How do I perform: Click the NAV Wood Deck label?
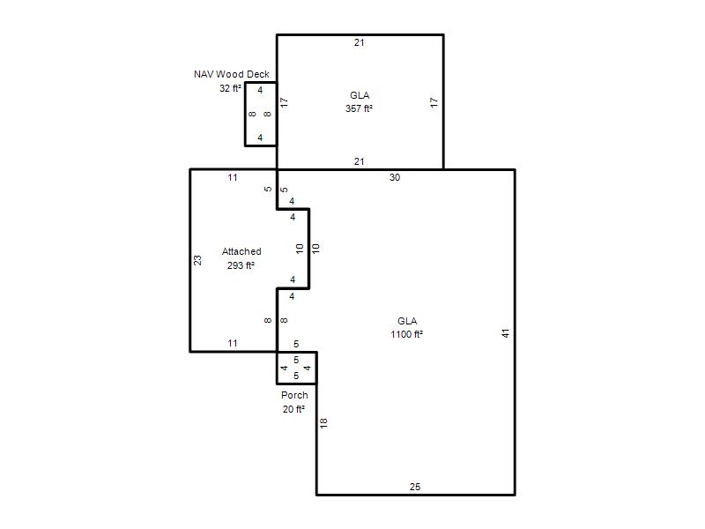[x=232, y=74]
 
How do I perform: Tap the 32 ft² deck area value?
[x=230, y=88]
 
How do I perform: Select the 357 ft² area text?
[x=359, y=108]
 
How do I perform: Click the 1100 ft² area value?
[x=406, y=334]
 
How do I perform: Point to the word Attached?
[x=241, y=251]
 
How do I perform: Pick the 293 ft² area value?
[x=241, y=265]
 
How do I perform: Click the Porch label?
[x=294, y=395]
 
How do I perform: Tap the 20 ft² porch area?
[x=293, y=409]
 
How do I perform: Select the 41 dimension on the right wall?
[x=506, y=333]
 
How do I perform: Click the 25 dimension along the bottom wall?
[x=415, y=487]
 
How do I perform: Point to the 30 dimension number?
[x=395, y=177]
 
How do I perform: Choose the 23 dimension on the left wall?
[x=197, y=260]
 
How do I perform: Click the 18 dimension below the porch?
[x=323, y=423]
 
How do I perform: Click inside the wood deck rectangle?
[x=261, y=115]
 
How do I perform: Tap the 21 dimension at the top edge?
[x=359, y=42]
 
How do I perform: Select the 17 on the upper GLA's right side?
[x=434, y=102]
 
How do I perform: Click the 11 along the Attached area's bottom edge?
[x=233, y=343]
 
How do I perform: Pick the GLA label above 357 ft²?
[x=360, y=95]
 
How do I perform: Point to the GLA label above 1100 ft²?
[x=407, y=321]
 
